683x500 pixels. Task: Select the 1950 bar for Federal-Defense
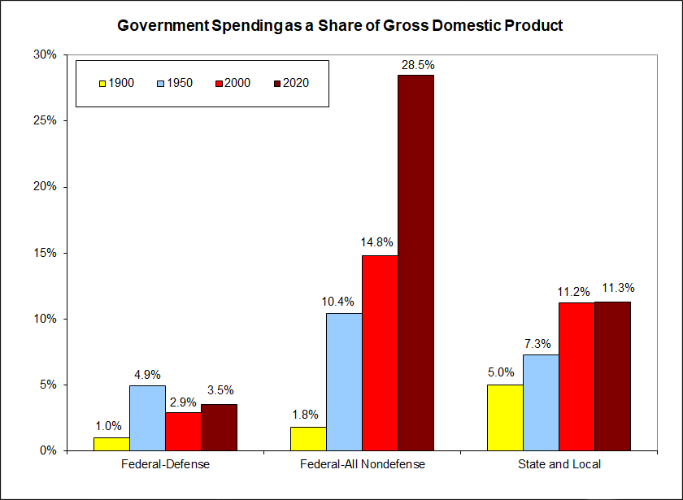147,418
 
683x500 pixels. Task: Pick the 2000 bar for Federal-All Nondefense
380,353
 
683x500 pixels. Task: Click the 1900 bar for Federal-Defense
111,443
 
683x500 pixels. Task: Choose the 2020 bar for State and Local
612,376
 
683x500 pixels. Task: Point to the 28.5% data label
415,63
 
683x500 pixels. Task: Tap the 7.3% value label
541,343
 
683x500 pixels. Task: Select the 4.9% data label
147,375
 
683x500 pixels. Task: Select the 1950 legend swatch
159,83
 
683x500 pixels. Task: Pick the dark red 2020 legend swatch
277,83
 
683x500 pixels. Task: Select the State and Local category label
559,465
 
